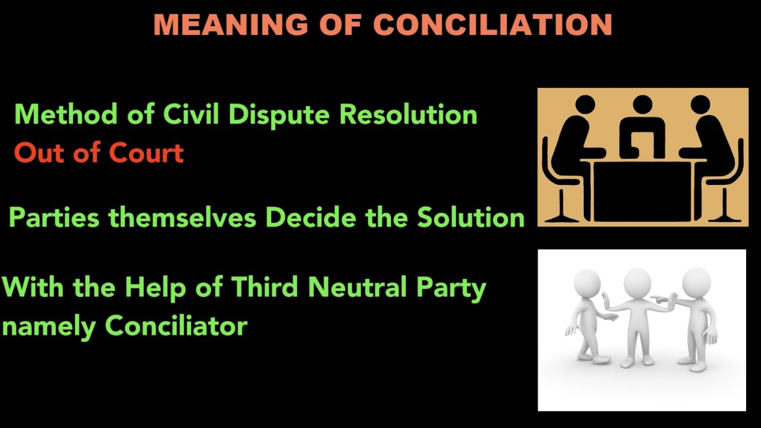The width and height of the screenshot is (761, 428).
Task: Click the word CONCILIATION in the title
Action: (493, 25)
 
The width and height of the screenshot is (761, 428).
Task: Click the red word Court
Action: (145, 153)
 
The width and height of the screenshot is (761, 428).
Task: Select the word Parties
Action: (54, 218)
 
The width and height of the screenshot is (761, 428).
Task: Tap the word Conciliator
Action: (176, 326)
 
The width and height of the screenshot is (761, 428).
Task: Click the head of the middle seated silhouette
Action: (642, 105)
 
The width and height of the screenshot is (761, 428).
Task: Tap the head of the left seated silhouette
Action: (586, 105)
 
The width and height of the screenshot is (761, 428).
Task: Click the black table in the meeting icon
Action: (642, 190)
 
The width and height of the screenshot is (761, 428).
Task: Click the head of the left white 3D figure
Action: (587, 284)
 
